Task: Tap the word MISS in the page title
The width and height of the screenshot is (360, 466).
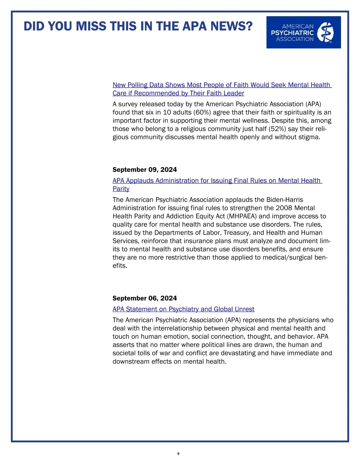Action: (x=91, y=26)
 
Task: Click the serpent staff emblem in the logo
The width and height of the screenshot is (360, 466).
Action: (x=325, y=32)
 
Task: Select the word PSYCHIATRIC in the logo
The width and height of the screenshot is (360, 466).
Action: (x=292, y=33)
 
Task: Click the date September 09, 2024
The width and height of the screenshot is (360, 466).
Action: (x=145, y=170)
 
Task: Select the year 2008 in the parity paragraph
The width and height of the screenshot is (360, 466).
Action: (x=284, y=208)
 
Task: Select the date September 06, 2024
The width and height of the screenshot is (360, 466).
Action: (x=145, y=298)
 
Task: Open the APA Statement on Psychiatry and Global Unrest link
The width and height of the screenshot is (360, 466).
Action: (x=183, y=309)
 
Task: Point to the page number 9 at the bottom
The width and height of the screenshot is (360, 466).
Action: (x=178, y=454)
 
